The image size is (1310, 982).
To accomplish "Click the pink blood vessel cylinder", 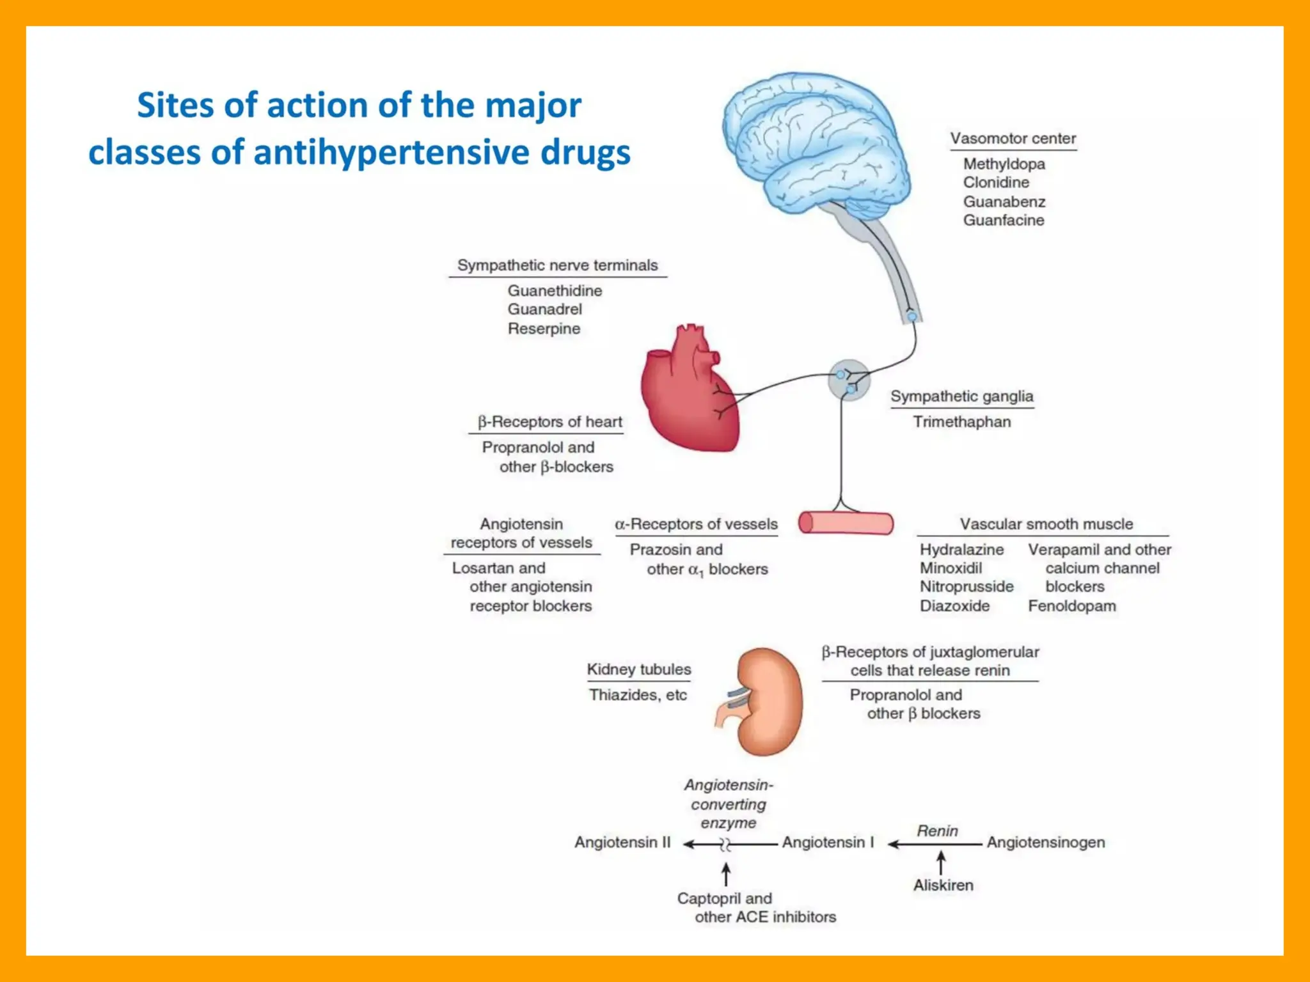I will [x=846, y=523].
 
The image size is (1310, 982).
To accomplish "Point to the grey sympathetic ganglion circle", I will [x=849, y=380].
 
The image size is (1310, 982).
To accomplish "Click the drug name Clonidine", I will [x=996, y=183].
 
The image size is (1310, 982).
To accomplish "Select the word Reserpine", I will [x=544, y=329].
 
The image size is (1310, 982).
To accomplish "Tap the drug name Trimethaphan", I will [x=961, y=422].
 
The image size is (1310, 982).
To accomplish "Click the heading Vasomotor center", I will [x=1013, y=139].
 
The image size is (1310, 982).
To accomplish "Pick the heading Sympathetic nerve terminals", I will [x=556, y=265].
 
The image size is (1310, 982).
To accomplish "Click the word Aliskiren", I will [x=943, y=885].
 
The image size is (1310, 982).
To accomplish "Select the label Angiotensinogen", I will [x=1045, y=843].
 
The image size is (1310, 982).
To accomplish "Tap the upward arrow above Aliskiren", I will [x=941, y=862].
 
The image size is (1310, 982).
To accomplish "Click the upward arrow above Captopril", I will [x=726, y=875].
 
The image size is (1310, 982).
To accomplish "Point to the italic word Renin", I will [x=937, y=831].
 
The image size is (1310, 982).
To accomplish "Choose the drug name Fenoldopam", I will [x=1071, y=606].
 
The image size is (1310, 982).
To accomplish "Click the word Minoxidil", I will [x=951, y=568].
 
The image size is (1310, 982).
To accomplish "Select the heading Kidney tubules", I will [x=638, y=669].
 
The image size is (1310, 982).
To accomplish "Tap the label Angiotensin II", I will [x=622, y=843].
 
